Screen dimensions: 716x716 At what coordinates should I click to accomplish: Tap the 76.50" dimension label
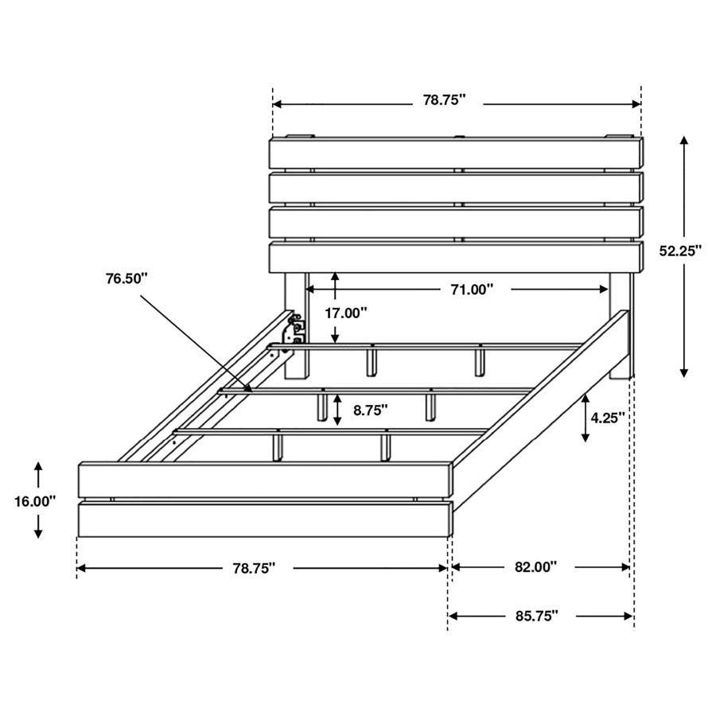(127, 278)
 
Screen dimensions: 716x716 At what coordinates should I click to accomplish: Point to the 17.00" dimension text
(345, 313)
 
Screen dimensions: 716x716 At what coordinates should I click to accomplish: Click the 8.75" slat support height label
(371, 411)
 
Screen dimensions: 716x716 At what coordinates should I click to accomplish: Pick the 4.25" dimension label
(609, 416)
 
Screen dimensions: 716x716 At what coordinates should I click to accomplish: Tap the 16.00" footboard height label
(35, 501)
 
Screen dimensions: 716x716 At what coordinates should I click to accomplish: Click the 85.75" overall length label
(535, 616)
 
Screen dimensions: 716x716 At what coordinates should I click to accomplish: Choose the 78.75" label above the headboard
(444, 100)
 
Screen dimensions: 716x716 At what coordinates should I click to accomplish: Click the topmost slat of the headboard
(456, 152)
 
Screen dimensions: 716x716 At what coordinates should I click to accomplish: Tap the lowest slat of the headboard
(456, 257)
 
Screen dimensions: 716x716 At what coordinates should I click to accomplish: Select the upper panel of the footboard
(265, 480)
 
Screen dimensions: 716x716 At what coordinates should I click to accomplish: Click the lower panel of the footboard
(265, 519)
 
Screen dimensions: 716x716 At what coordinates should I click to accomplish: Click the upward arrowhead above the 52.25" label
(684, 141)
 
